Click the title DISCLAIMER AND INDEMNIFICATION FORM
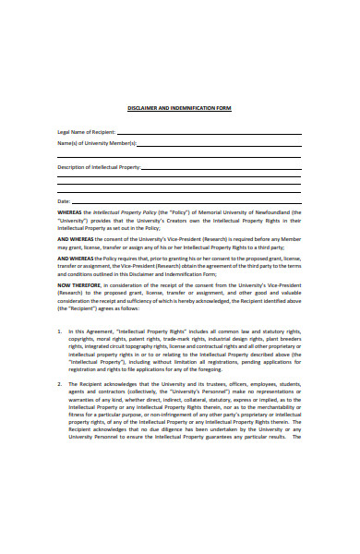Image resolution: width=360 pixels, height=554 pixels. pyautogui.click(x=179, y=108)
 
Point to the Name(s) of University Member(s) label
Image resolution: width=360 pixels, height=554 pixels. pyautogui.click(x=96, y=143)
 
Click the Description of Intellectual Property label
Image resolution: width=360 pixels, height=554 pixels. pyautogui.click(x=99, y=167)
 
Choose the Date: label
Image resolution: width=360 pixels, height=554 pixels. pyautogui.click(x=64, y=201)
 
